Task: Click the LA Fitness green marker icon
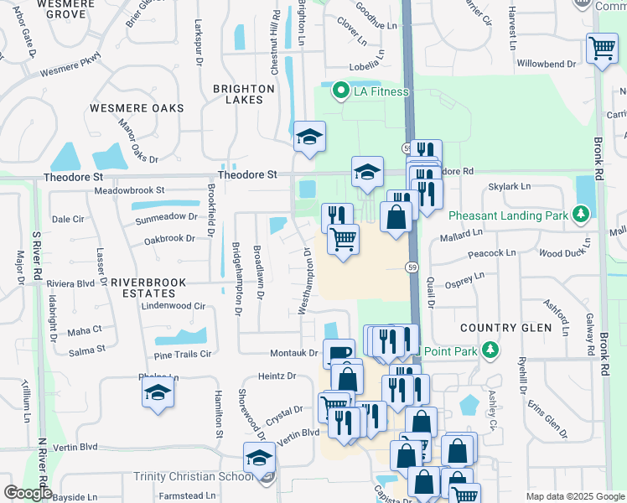tap(340, 91)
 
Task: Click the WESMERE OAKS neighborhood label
tap(137, 108)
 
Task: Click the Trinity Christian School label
tap(194, 477)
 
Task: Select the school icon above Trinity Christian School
tap(260, 459)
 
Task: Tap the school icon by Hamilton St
tap(158, 392)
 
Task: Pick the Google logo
tap(28, 492)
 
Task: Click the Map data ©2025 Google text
tap(574, 496)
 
